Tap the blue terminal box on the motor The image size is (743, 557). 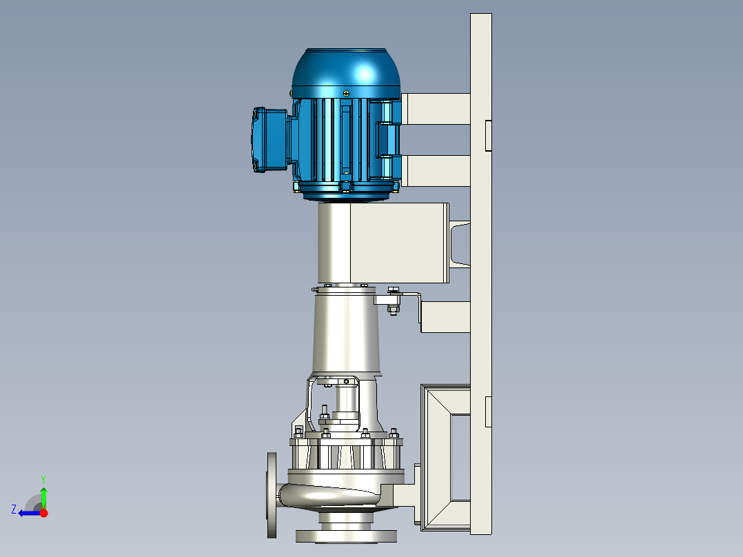(269, 139)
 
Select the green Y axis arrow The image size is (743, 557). (43, 498)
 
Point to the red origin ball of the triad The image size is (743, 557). (43, 513)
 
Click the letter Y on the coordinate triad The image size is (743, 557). (43, 479)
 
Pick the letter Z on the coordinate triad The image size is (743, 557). (14, 509)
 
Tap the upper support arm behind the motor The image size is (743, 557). (436, 109)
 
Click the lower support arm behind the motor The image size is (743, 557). (436, 171)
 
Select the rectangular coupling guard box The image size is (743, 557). (383, 243)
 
